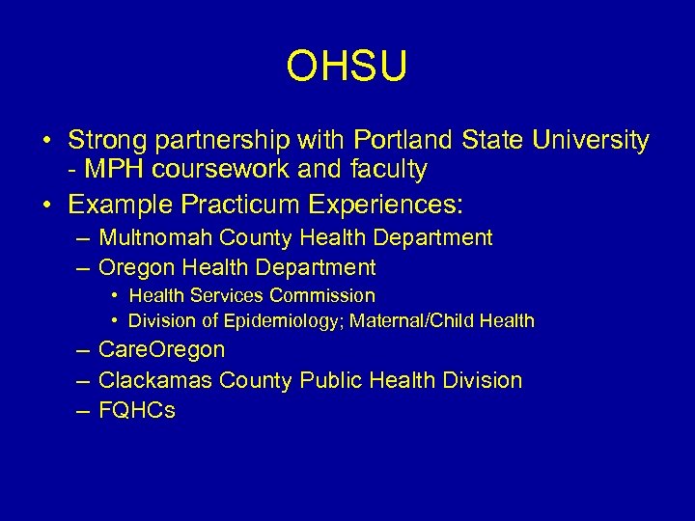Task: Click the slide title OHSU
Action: [x=347, y=67]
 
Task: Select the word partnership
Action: [x=230, y=142]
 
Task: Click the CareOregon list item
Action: [x=162, y=349]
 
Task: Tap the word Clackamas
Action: [x=155, y=380]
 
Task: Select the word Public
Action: [x=334, y=380]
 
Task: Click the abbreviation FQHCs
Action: [x=137, y=410]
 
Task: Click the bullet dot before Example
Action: [x=46, y=206]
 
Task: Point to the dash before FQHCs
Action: [x=80, y=410]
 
